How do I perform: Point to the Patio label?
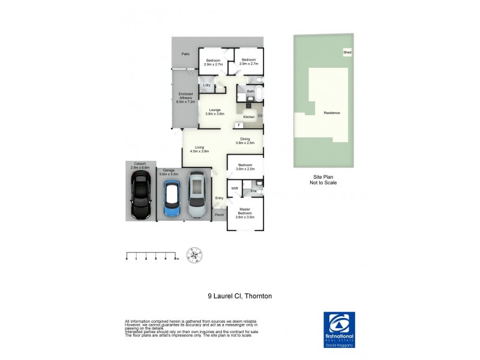click(187, 55)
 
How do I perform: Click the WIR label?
click(235, 188)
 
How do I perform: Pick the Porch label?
click(219, 215)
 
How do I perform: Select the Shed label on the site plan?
click(347, 53)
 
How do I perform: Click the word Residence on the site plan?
click(331, 113)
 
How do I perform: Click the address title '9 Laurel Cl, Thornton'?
click(239, 296)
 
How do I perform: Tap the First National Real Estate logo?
click(339, 326)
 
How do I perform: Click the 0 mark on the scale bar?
click(127, 259)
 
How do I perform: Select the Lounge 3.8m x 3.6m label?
click(215, 112)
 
